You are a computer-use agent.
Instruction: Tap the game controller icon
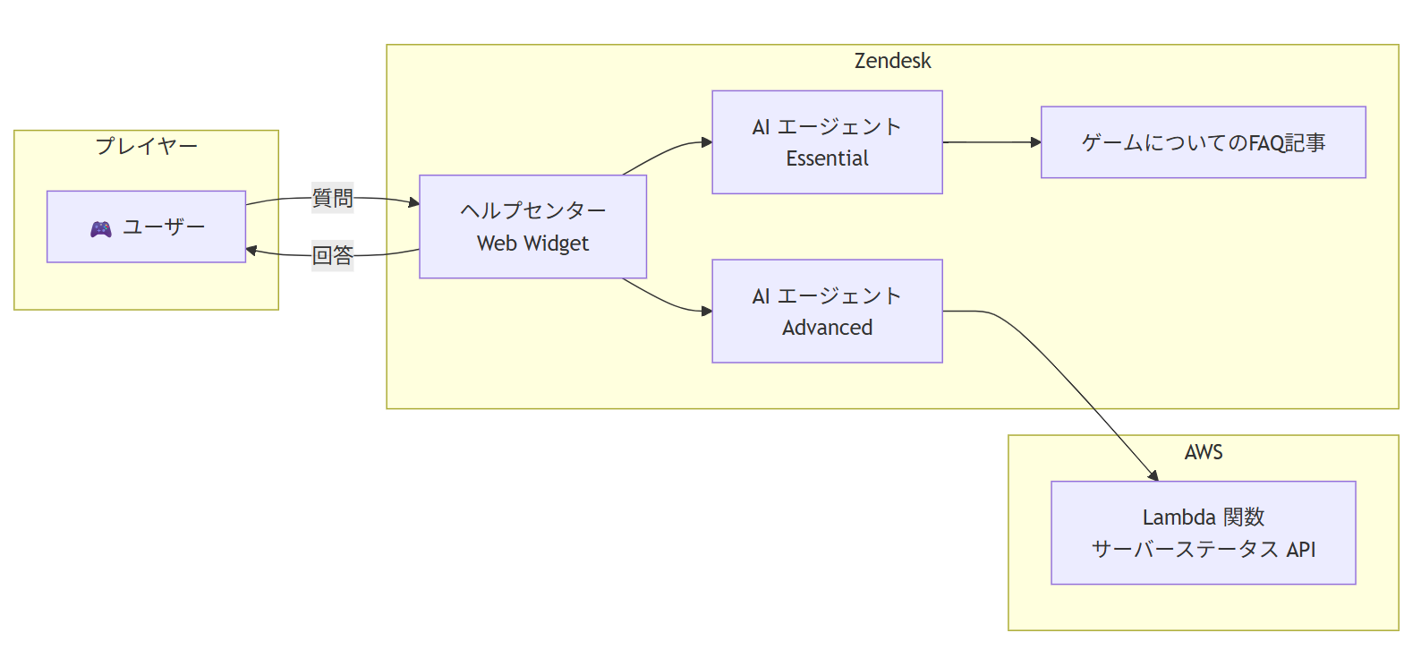[x=101, y=229]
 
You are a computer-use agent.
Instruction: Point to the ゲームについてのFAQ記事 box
[x=1203, y=142]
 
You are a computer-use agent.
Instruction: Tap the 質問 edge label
[x=332, y=198]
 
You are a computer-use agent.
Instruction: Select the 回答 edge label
[x=332, y=255]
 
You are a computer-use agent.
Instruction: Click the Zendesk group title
[x=892, y=61]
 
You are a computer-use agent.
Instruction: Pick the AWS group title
[x=1203, y=452]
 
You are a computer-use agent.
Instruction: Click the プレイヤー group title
[x=146, y=145]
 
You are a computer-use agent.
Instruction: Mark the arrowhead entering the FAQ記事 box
[x=1035, y=142]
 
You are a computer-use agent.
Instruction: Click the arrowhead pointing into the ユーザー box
[x=252, y=251]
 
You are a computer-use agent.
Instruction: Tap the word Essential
[x=827, y=158]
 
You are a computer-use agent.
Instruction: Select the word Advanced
[x=827, y=328]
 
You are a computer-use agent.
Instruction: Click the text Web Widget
[x=532, y=244]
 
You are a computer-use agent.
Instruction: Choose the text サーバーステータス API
[x=1203, y=549]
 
